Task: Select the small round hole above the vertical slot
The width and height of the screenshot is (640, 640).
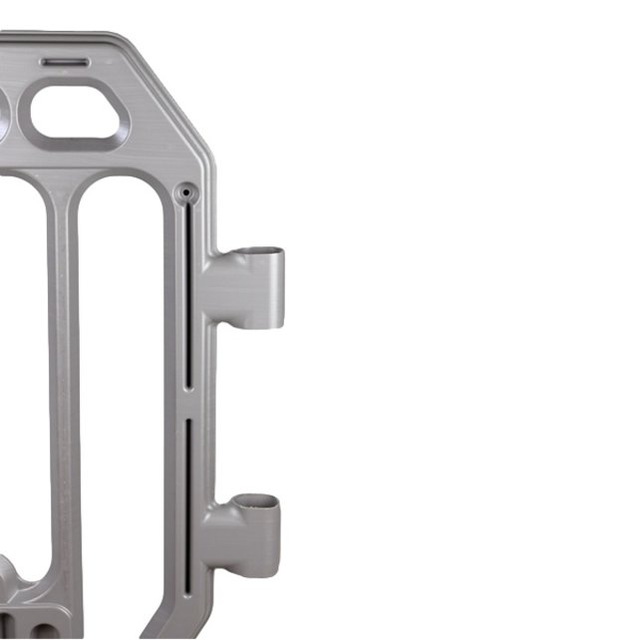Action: pos(185,190)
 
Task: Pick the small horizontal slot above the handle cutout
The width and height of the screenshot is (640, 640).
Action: pos(66,62)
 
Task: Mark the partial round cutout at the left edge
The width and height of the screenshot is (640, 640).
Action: pos(4,115)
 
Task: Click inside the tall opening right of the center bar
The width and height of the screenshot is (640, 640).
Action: pos(120,399)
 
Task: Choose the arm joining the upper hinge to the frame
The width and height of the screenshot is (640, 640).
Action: pos(221,289)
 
